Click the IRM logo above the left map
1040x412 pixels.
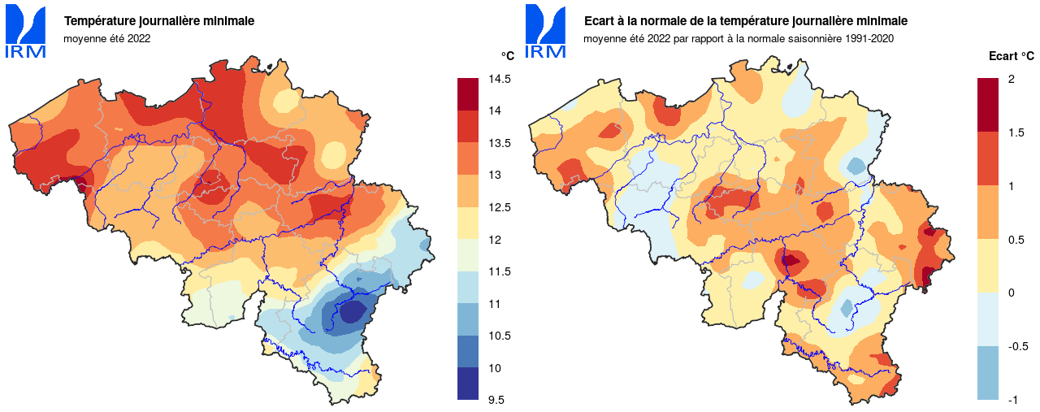26,32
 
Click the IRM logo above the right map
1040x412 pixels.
546,32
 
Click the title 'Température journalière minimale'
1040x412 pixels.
159,21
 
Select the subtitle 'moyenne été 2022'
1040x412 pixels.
107,38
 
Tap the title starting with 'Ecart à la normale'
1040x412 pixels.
746,21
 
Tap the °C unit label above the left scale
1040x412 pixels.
507,56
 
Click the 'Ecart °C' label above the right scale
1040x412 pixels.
1011,56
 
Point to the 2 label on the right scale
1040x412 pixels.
1011,79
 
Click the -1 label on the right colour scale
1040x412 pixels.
1012,399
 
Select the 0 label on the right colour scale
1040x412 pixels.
1011,293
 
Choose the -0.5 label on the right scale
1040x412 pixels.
1017,346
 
